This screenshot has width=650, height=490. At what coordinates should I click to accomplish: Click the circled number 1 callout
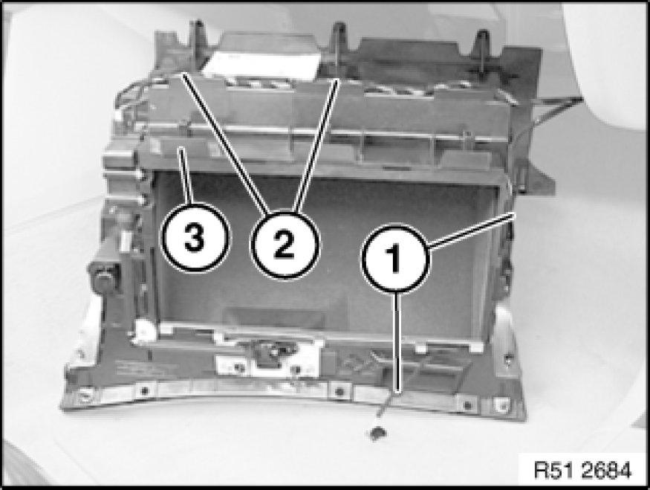396,257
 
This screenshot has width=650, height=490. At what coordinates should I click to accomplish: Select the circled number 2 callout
285,245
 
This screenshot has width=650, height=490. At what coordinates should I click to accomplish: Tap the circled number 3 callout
195,238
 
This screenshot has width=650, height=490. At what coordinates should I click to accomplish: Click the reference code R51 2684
582,470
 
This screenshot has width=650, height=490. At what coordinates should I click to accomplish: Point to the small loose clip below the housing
377,433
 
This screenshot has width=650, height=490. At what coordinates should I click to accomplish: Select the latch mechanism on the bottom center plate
270,352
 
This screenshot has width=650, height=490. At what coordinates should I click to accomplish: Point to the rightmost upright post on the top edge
482,45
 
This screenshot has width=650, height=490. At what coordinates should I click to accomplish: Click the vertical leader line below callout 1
398,341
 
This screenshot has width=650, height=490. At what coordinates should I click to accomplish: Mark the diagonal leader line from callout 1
472,231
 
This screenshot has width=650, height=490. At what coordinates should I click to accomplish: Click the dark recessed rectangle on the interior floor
273,317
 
